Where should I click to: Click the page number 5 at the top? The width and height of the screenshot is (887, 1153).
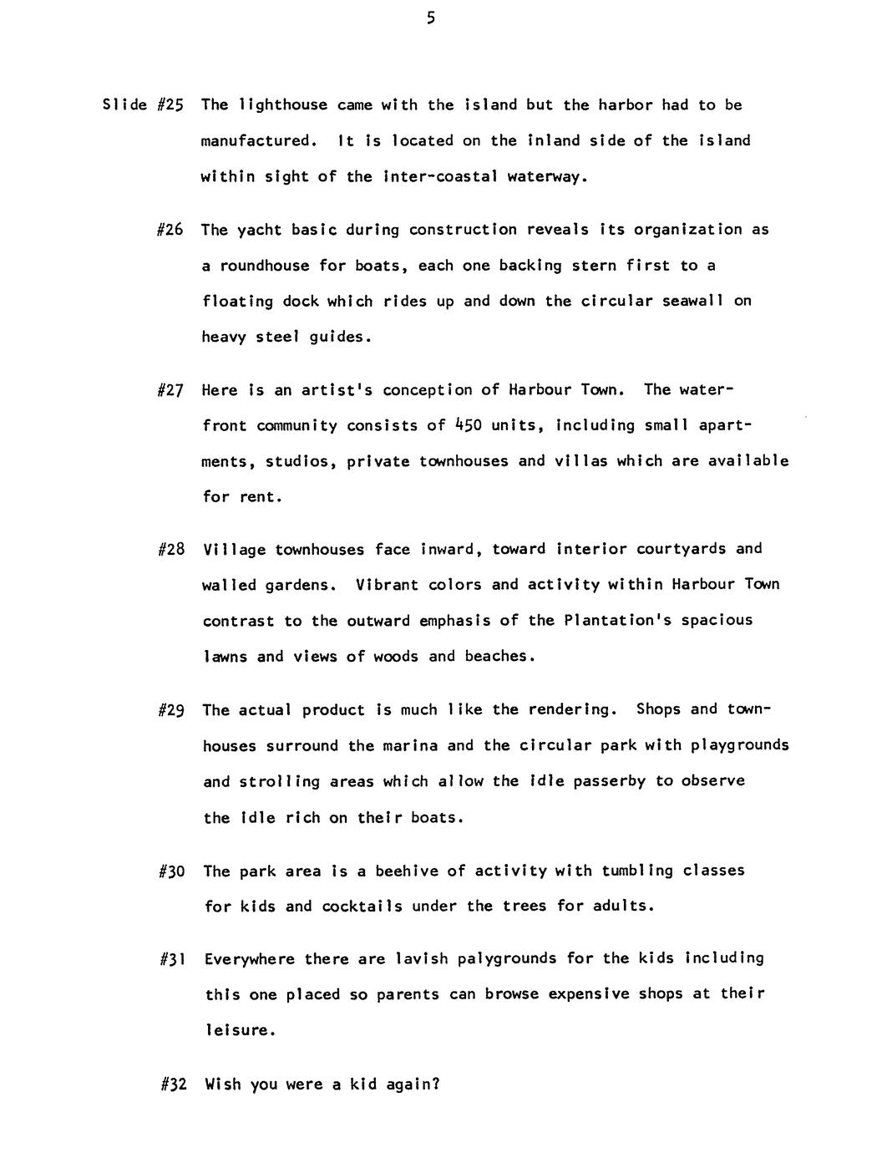pos(430,18)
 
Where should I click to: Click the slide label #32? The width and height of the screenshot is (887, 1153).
pos(173,1085)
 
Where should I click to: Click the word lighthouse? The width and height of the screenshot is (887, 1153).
pos(283,105)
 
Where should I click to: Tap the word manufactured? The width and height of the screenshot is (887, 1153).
pos(258,141)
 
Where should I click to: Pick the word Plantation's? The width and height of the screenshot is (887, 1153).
pos(617,620)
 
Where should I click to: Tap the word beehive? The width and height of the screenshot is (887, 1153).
pos(406,871)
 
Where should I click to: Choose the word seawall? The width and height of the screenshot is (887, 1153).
pos(692,301)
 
